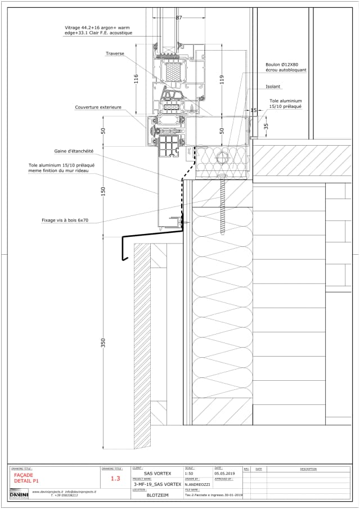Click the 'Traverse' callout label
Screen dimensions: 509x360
115,53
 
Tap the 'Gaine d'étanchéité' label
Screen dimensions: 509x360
74,151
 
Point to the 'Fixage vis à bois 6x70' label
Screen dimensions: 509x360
65,220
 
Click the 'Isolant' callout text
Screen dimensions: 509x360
273,87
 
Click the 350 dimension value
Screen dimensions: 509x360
103,342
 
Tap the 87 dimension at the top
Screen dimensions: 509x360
179,18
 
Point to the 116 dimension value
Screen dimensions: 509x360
136,79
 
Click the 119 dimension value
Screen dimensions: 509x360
222,79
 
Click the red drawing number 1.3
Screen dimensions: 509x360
115,479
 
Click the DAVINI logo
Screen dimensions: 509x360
19,494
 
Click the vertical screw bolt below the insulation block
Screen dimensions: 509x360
223,202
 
